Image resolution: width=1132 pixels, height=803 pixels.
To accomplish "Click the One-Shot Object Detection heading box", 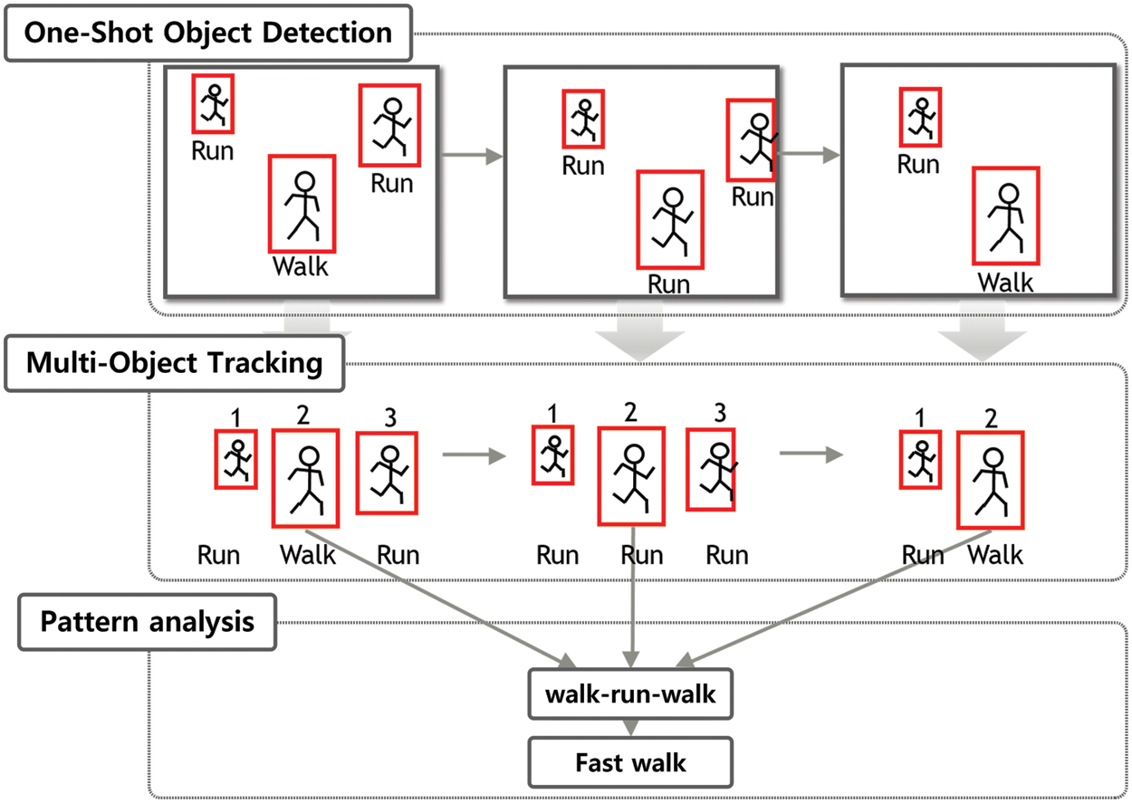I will [x=208, y=33].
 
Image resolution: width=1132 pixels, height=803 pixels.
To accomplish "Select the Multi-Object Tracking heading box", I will [x=175, y=364].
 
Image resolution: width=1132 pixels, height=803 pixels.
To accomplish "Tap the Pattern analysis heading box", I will [x=148, y=623].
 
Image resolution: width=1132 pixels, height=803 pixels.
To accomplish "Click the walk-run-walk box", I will [x=630, y=694].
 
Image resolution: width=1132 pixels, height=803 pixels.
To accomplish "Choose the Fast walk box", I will [x=630, y=762].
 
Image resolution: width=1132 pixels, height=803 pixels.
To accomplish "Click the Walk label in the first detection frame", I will [x=301, y=267].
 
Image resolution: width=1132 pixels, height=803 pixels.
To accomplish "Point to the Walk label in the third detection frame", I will [x=1005, y=282].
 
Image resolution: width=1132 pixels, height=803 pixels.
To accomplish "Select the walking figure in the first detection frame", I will [x=302, y=204].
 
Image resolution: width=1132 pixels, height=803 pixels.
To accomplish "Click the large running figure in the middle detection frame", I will [x=670, y=220].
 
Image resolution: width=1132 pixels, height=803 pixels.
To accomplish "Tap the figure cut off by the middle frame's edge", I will [x=752, y=140].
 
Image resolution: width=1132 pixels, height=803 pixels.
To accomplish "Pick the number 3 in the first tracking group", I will [x=390, y=418].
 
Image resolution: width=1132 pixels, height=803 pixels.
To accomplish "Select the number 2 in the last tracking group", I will [x=990, y=417].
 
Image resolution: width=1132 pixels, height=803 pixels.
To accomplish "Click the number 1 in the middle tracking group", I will [x=552, y=414].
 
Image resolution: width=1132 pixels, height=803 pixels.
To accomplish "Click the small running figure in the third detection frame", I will [x=920, y=117].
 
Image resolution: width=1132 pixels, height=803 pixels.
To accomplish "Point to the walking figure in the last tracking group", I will [x=991, y=480].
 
